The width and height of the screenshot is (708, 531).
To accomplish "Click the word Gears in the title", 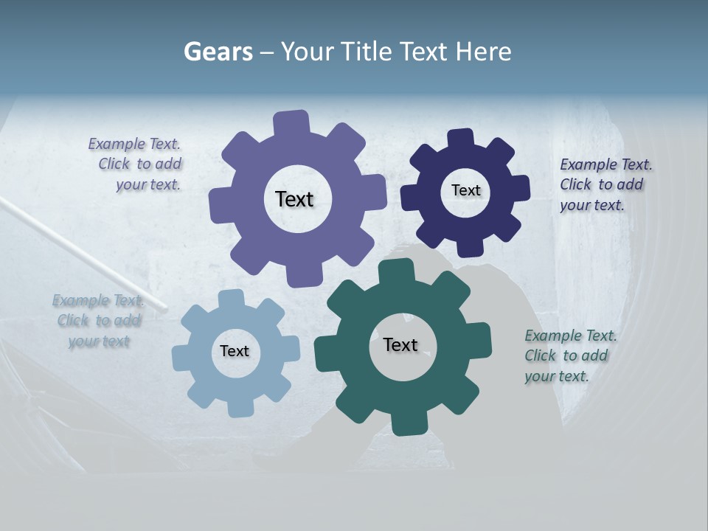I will point(218,52).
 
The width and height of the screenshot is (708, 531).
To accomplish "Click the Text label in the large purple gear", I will point(294,199).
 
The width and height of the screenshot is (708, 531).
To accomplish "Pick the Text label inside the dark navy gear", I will point(465,190).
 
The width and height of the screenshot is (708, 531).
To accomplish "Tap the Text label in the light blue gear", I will point(235,351).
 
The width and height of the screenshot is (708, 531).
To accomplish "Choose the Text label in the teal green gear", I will point(400,345).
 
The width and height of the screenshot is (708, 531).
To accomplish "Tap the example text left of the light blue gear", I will point(98,321).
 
